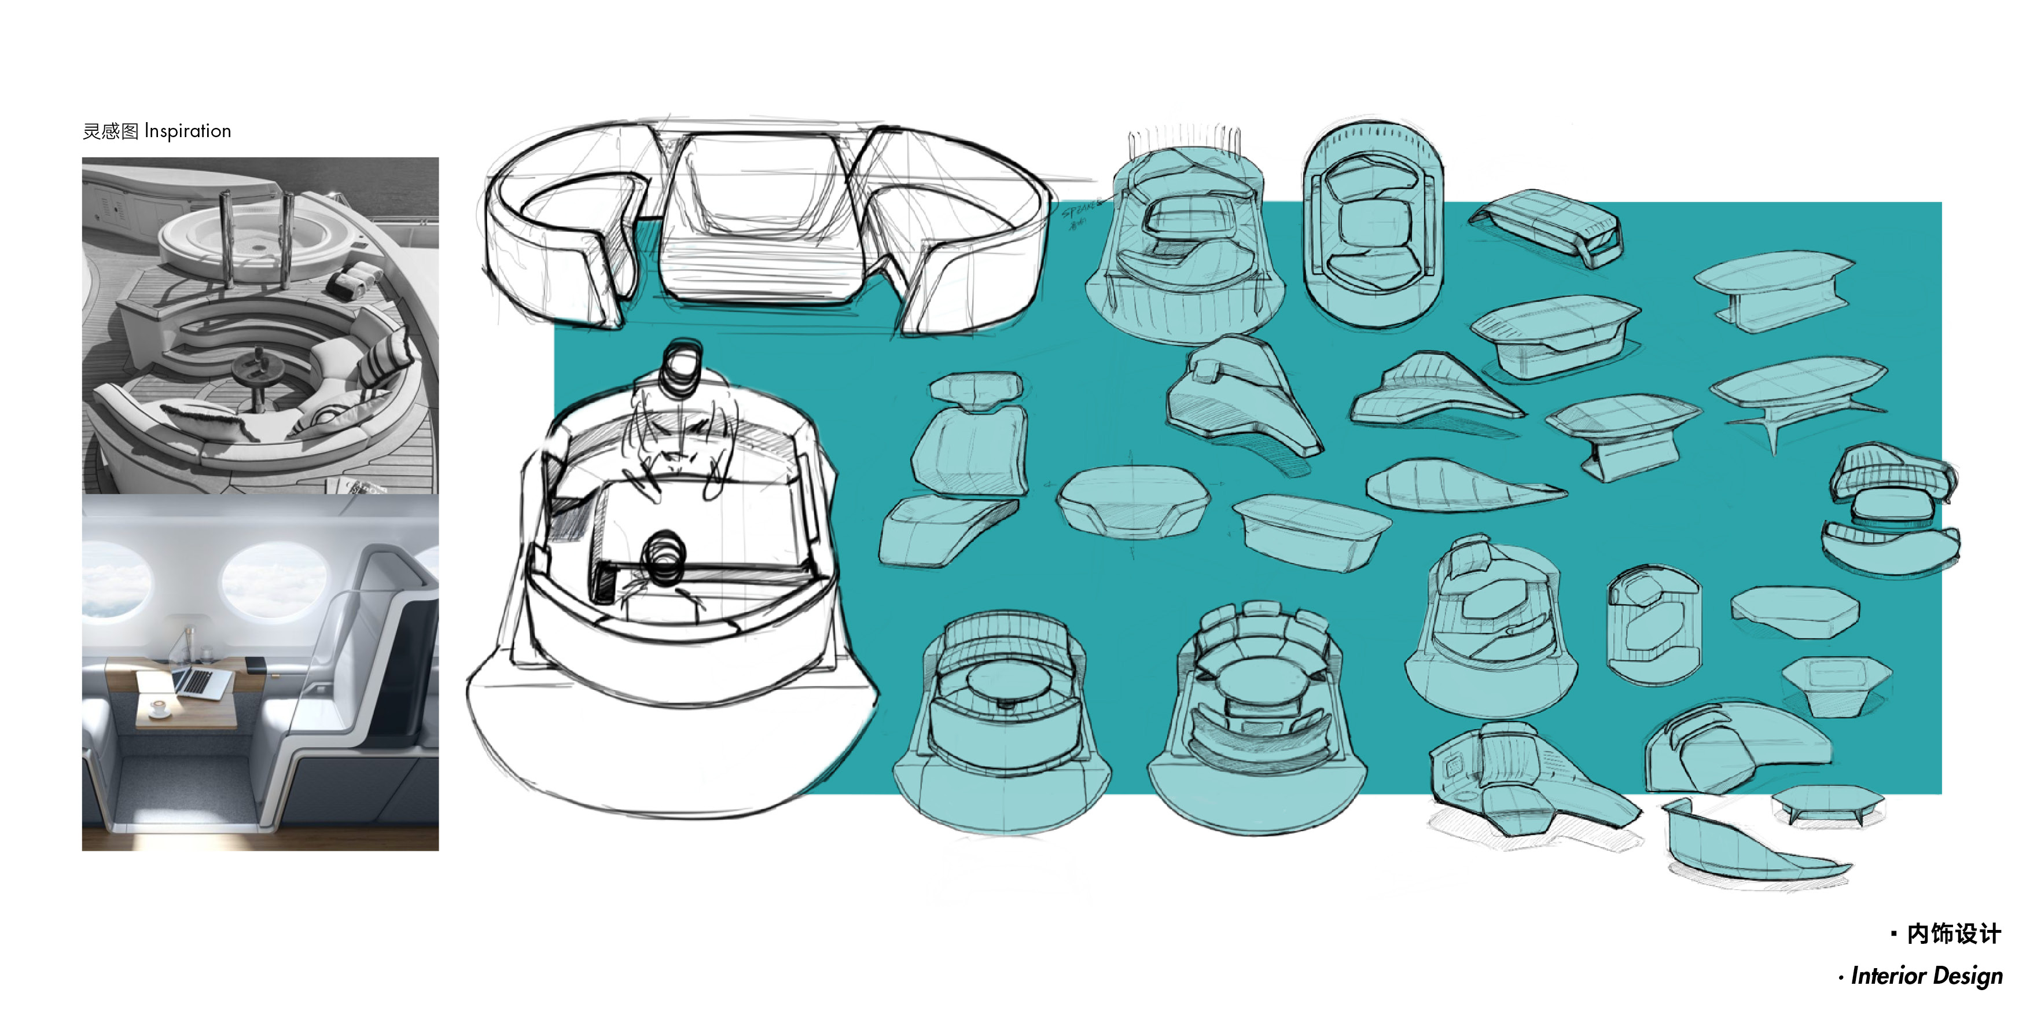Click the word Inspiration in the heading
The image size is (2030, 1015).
187,131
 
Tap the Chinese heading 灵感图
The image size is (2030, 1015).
111,131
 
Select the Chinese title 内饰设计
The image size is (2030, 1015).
1953,934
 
